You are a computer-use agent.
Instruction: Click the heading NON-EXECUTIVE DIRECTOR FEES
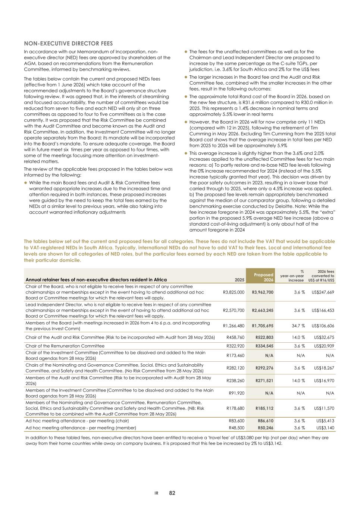[x=68, y=44]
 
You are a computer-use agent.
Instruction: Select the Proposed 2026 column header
[x=264, y=277]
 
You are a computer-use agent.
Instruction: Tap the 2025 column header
[x=240, y=280]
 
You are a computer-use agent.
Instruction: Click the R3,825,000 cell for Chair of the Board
[x=234, y=292]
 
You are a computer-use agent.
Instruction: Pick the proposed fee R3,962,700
[x=263, y=292]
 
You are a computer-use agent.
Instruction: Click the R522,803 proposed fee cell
[x=264, y=337]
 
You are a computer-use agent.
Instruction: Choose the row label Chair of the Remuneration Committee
[x=65, y=346]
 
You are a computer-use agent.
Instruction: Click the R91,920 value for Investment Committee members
[x=237, y=393]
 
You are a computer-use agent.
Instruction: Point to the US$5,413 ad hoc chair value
[x=325, y=421]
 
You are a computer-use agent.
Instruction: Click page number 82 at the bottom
[x=172, y=493]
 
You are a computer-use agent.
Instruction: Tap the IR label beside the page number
[x=157, y=493]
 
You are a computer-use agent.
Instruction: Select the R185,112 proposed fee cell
[x=264, y=408]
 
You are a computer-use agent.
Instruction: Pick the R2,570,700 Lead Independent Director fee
[x=234, y=310]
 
